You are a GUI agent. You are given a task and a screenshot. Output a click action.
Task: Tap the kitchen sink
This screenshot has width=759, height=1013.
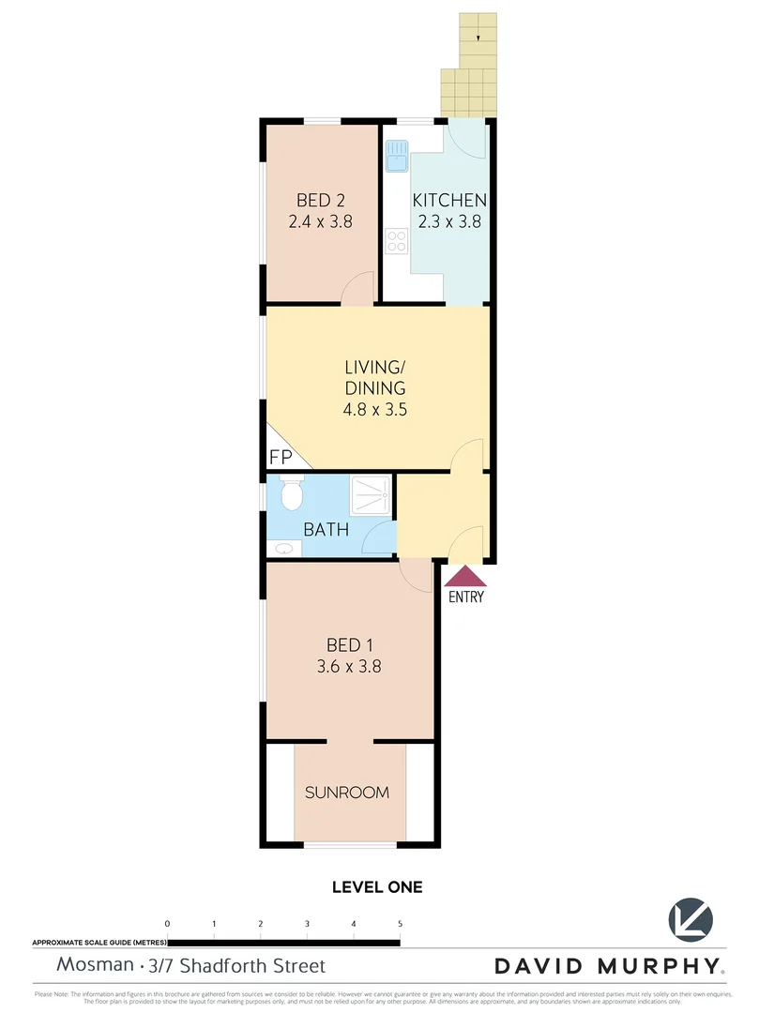click(396, 155)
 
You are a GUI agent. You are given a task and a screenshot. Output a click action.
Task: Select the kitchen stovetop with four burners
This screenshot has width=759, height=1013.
click(396, 242)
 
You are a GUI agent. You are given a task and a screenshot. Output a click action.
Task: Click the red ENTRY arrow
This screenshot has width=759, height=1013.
click(466, 576)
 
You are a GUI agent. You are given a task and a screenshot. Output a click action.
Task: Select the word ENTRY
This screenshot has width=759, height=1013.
click(466, 597)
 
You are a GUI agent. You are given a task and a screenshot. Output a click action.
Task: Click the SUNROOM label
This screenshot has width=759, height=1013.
click(347, 793)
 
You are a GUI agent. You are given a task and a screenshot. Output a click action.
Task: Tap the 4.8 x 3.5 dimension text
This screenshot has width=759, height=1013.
click(374, 409)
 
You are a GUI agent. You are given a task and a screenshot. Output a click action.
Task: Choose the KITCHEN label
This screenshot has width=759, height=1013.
click(450, 200)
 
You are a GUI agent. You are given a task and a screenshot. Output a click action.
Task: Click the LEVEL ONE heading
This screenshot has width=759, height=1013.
click(378, 886)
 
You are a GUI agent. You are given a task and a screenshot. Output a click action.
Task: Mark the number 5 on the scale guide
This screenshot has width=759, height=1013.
click(401, 924)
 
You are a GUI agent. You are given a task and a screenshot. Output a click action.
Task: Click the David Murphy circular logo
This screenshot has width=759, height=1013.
click(691, 921)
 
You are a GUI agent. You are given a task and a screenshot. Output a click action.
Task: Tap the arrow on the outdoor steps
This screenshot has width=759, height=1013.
click(478, 38)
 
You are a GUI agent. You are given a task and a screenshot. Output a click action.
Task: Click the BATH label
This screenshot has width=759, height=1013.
click(326, 530)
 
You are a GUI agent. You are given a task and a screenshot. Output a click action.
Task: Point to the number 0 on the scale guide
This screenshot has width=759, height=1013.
click(167, 924)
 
